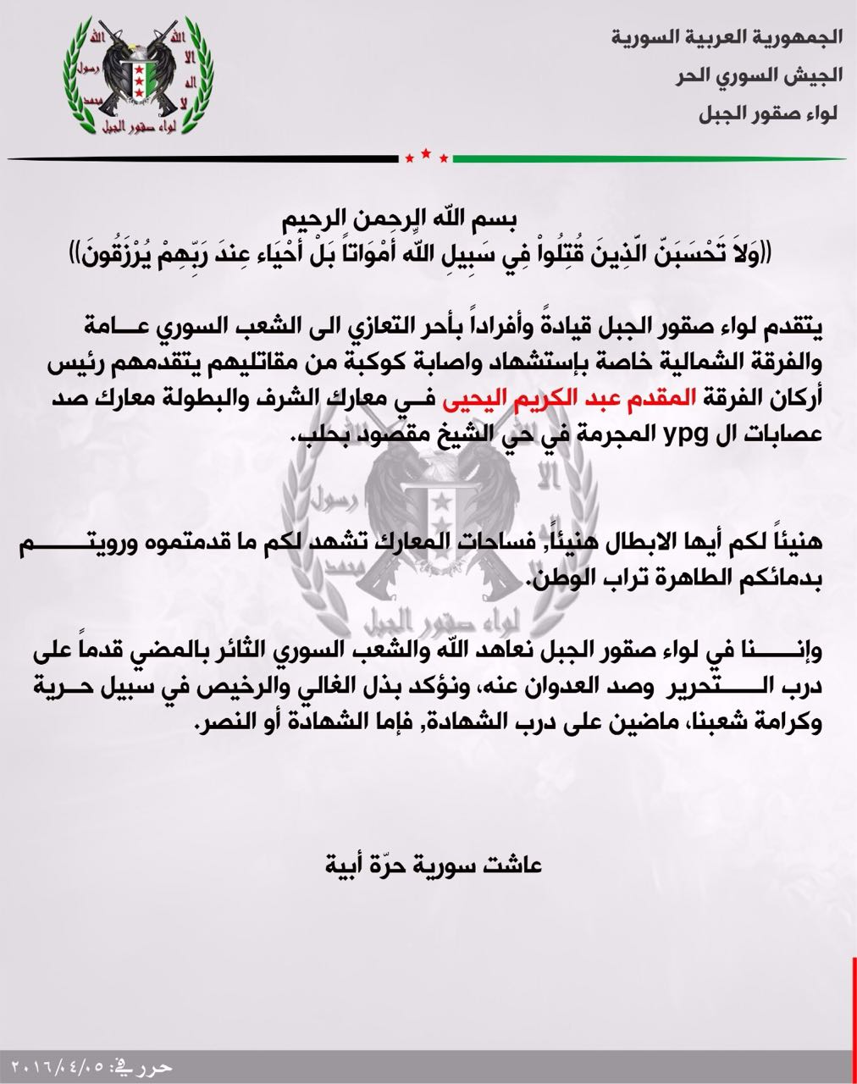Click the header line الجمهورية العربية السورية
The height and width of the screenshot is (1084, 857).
point(726,37)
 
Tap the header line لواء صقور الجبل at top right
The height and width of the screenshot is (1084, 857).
point(767,113)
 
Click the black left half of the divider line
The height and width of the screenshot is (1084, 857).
point(203,158)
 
